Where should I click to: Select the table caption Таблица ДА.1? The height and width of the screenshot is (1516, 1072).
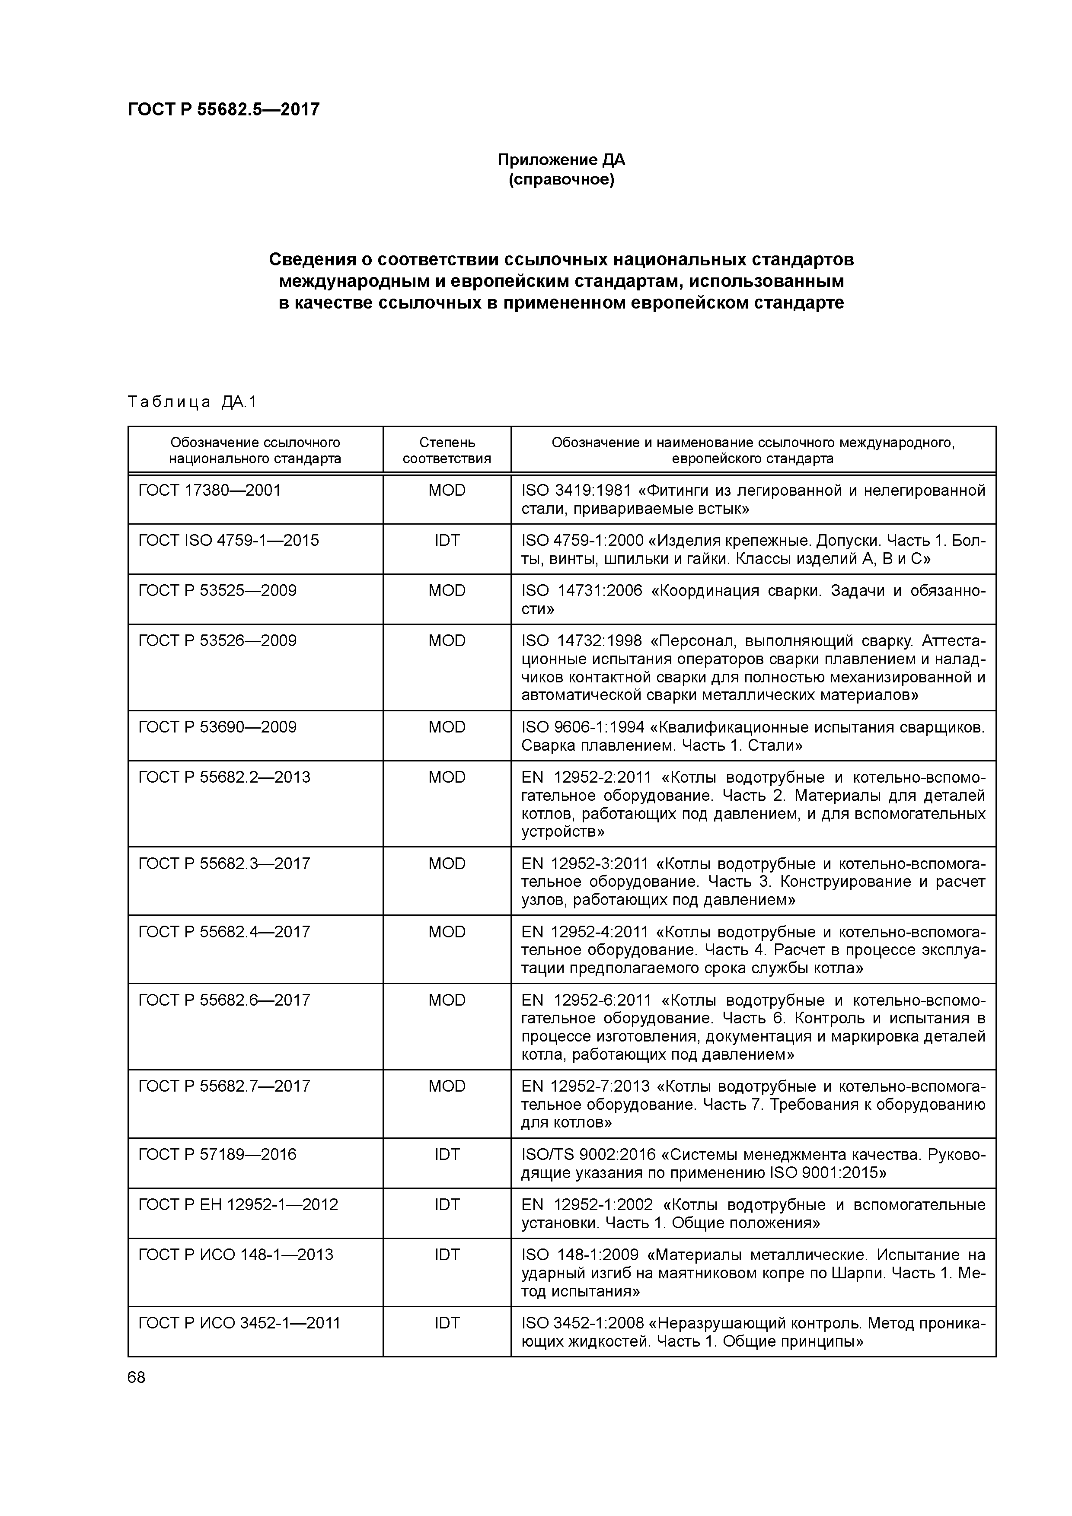(191, 402)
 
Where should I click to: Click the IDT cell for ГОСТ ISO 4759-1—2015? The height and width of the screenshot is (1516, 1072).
(447, 541)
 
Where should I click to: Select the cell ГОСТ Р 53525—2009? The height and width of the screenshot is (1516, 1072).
(217, 591)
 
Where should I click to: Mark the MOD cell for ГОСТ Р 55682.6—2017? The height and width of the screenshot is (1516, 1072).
(447, 1000)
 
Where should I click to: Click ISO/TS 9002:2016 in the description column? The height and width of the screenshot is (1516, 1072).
(588, 1155)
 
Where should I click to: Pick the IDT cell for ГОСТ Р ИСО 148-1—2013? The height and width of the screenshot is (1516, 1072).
(447, 1255)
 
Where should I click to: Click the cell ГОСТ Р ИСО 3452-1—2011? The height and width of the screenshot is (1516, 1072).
(239, 1323)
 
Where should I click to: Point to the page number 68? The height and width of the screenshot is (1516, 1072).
(137, 1377)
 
